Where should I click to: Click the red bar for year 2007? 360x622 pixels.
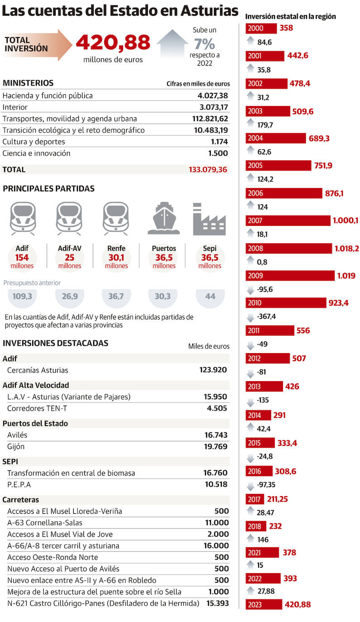coord(288,221)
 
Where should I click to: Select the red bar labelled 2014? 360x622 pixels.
coord(259,415)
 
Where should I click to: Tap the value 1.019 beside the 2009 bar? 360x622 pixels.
coord(346,275)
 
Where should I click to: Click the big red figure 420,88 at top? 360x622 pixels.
coord(113,43)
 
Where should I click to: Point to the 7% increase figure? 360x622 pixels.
coord(204,44)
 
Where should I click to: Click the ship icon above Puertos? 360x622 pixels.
coord(164,218)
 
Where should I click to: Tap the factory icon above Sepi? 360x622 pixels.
coord(209,220)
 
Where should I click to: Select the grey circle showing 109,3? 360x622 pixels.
coord(23,297)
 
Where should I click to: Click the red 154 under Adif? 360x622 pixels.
coord(22,257)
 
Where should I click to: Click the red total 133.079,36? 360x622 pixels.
coord(208,170)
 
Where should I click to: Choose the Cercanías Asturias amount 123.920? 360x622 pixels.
coord(213,370)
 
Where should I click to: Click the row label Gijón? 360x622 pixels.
coord(16,446)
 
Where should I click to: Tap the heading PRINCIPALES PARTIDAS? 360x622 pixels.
coord(48,189)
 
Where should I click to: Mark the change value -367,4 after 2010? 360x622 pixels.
coord(266,316)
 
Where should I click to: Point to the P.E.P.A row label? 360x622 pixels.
coord(18,484)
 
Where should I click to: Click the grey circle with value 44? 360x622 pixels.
coord(210,297)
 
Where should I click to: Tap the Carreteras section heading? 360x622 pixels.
coord(21,500)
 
